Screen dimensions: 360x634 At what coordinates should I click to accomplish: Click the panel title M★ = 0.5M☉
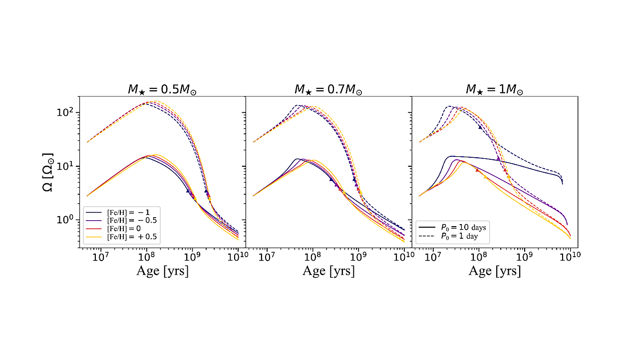pyautogui.click(x=162, y=90)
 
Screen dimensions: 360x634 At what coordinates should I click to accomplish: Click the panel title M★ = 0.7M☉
pyautogui.click(x=328, y=90)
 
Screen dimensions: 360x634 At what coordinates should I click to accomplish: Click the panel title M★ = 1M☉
pyautogui.click(x=494, y=90)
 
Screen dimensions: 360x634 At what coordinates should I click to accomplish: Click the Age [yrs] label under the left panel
pyautogui.click(x=162, y=271)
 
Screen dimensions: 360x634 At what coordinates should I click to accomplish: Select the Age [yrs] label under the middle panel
pyautogui.click(x=328, y=271)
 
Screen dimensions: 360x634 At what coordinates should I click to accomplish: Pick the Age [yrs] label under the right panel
pyautogui.click(x=494, y=271)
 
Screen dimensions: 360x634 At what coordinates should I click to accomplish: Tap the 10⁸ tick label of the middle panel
pyautogui.click(x=313, y=257)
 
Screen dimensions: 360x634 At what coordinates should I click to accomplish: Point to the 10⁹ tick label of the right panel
pyautogui.click(x=524, y=257)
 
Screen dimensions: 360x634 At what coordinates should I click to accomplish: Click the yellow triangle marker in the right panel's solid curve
pyautogui.click(x=485, y=176)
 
